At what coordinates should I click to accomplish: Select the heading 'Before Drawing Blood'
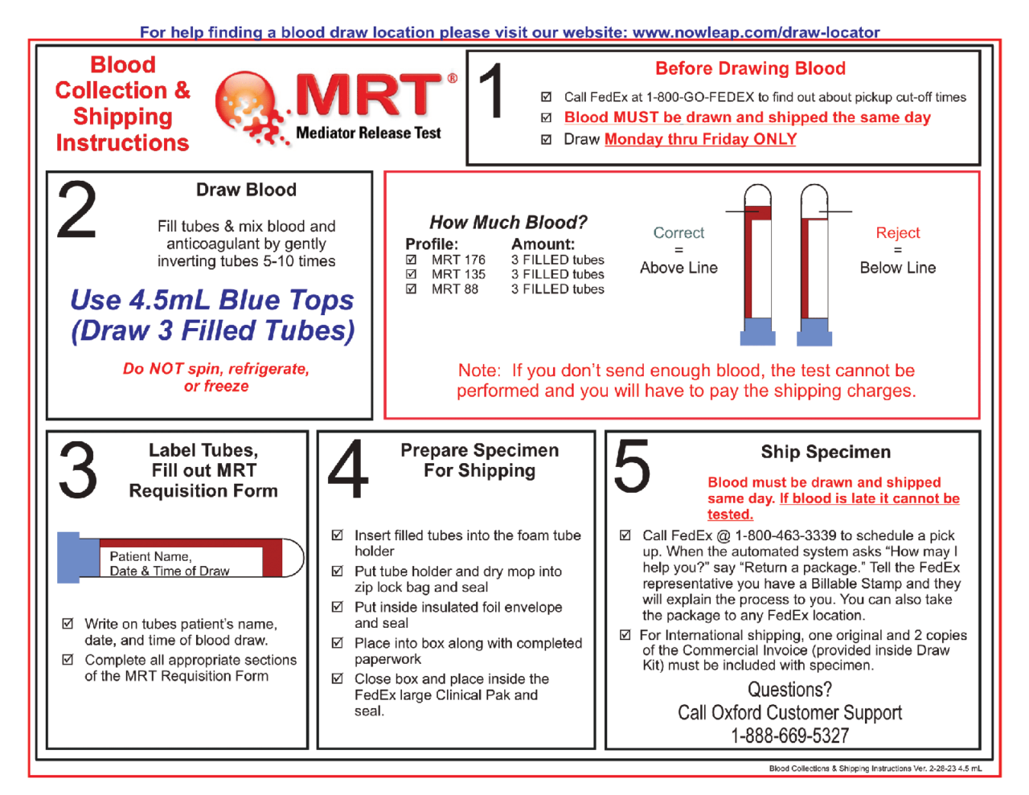750,68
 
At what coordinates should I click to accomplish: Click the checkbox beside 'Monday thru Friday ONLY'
547,139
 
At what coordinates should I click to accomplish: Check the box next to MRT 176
412,260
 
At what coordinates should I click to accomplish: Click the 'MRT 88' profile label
454,289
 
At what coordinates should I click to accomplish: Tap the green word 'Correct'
678,232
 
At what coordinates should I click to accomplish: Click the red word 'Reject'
898,232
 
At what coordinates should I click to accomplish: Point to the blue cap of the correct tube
757,330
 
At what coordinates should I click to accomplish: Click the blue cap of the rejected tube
814,330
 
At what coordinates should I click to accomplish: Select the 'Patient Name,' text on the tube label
150,556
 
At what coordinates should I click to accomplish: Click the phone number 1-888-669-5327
789,736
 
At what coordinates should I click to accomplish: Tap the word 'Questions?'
789,690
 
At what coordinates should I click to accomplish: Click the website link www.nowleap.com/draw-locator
756,32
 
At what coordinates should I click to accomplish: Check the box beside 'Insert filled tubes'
338,535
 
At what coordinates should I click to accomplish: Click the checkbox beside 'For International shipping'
625,635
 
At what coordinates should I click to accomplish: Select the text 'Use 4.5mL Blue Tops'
212,300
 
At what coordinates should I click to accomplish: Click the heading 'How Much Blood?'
508,222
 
